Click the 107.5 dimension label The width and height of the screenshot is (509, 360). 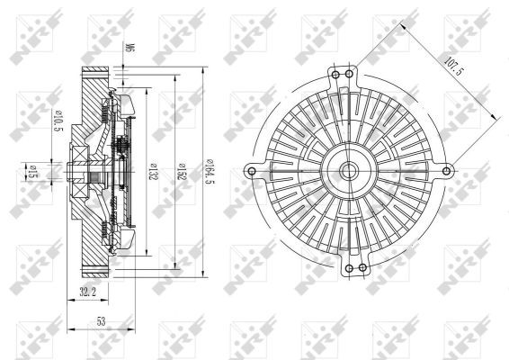(452, 67)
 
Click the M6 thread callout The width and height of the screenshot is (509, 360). (130, 48)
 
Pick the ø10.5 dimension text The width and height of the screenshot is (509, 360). (58, 121)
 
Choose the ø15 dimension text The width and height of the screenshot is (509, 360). (32, 172)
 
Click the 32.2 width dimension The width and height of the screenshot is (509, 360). (87, 292)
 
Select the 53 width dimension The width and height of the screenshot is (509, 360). (102, 321)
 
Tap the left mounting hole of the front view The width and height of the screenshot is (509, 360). (251, 171)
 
